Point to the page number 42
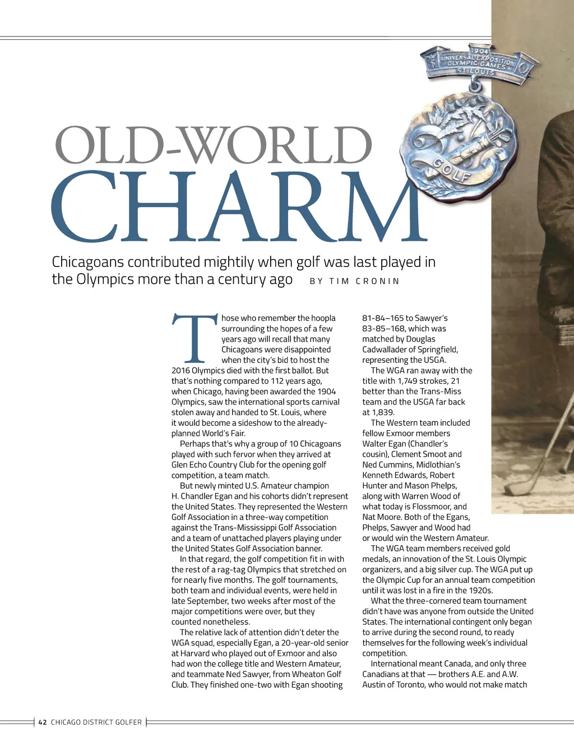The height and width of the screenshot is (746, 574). (43, 722)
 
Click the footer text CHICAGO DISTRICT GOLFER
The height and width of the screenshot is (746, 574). (96, 722)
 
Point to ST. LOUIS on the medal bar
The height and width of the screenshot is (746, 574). (475, 72)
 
